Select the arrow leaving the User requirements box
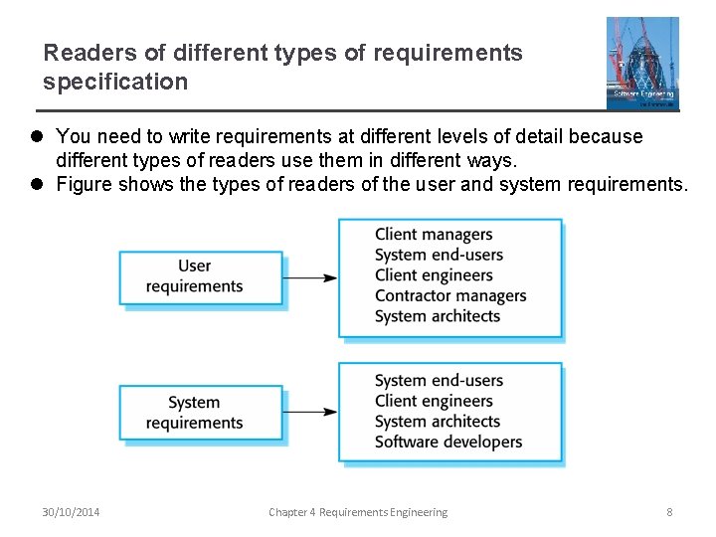pos(310,277)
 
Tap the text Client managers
pos(434,235)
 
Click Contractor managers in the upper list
pos(450,295)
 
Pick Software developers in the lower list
pos(448,442)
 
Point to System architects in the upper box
pos(438,316)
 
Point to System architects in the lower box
pos(438,422)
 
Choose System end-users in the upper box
pos(439,255)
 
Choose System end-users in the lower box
pos(439,380)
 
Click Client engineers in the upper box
pos(434,275)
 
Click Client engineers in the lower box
pos(434,401)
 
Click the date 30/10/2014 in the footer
pos(71,512)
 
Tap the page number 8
pos(669,512)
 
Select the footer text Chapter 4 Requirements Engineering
pos(358,512)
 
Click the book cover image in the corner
pos(642,62)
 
